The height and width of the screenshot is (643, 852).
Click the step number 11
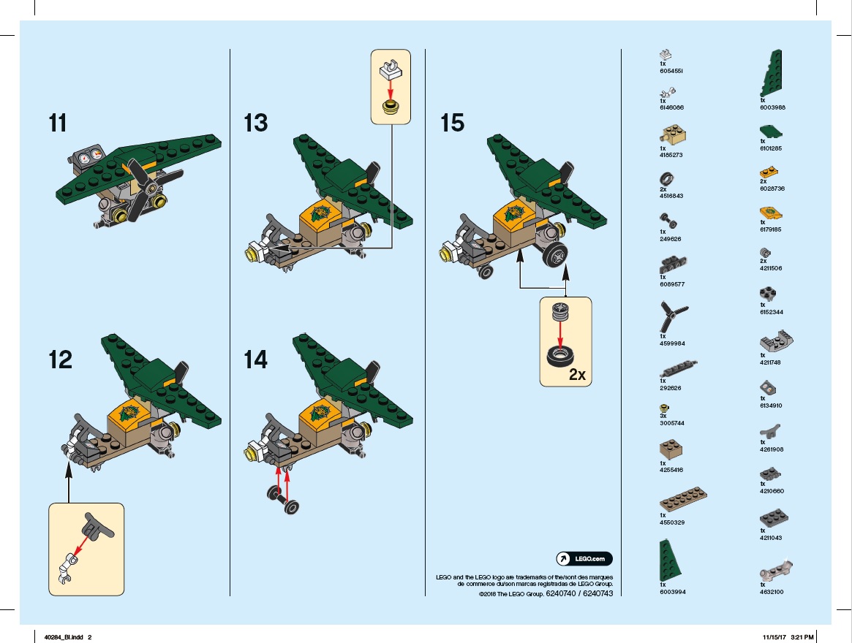(x=58, y=122)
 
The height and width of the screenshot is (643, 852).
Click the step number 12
(x=60, y=359)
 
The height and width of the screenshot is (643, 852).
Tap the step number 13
(x=256, y=122)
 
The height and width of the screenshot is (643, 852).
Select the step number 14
(x=256, y=359)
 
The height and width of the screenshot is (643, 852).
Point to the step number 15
(x=452, y=122)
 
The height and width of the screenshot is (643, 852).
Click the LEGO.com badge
(x=584, y=559)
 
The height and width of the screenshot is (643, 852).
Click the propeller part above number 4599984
(x=671, y=319)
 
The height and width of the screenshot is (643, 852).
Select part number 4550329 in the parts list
(x=671, y=522)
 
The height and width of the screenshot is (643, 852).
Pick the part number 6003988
(x=772, y=107)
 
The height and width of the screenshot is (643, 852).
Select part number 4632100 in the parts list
(x=772, y=592)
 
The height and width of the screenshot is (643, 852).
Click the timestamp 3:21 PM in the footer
(x=802, y=636)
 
